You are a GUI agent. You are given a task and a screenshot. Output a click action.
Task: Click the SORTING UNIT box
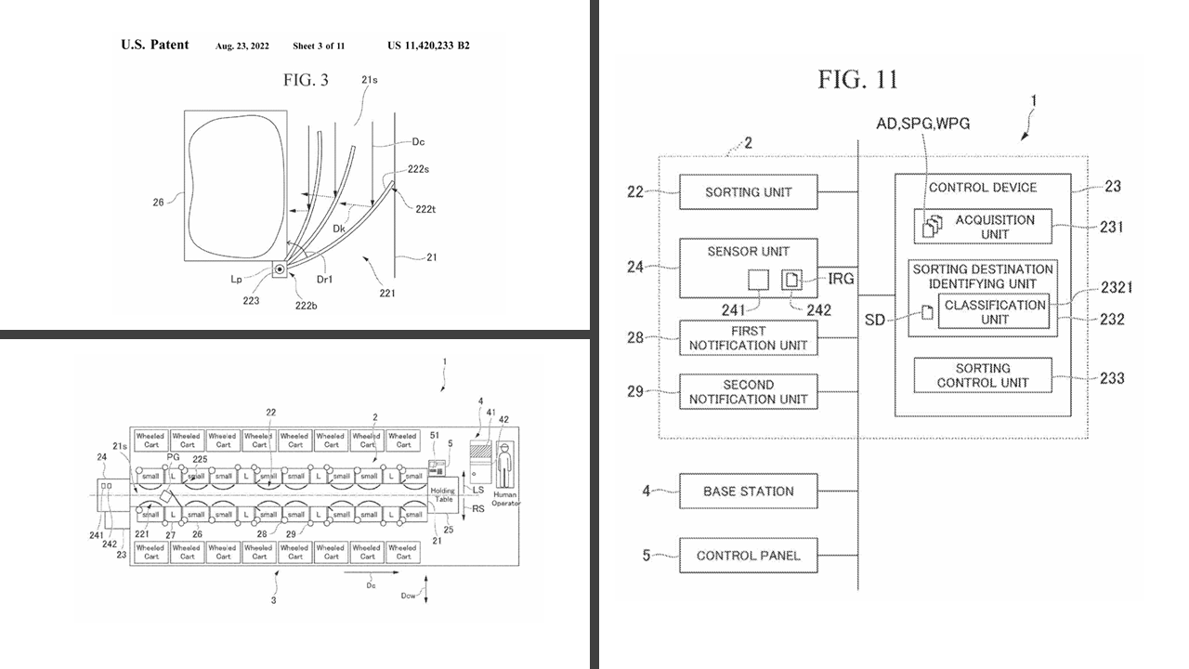point(749,192)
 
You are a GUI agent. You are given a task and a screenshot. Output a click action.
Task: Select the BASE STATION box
point(749,491)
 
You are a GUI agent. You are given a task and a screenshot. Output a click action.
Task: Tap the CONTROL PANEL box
point(749,556)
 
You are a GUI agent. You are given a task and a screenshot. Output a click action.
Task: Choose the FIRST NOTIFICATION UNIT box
point(749,337)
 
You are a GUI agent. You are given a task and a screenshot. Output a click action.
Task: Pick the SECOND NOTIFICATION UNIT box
point(749,391)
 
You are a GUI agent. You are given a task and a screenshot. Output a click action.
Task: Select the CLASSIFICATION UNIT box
point(994,312)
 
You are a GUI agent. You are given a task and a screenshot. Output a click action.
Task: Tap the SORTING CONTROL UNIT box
point(983,375)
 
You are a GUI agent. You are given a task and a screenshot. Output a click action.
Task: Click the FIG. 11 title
point(857,80)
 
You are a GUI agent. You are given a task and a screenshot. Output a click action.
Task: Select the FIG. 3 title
point(306,80)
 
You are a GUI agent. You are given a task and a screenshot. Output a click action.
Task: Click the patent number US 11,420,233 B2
point(428,46)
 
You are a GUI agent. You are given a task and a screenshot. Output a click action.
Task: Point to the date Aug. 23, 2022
point(242,46)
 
